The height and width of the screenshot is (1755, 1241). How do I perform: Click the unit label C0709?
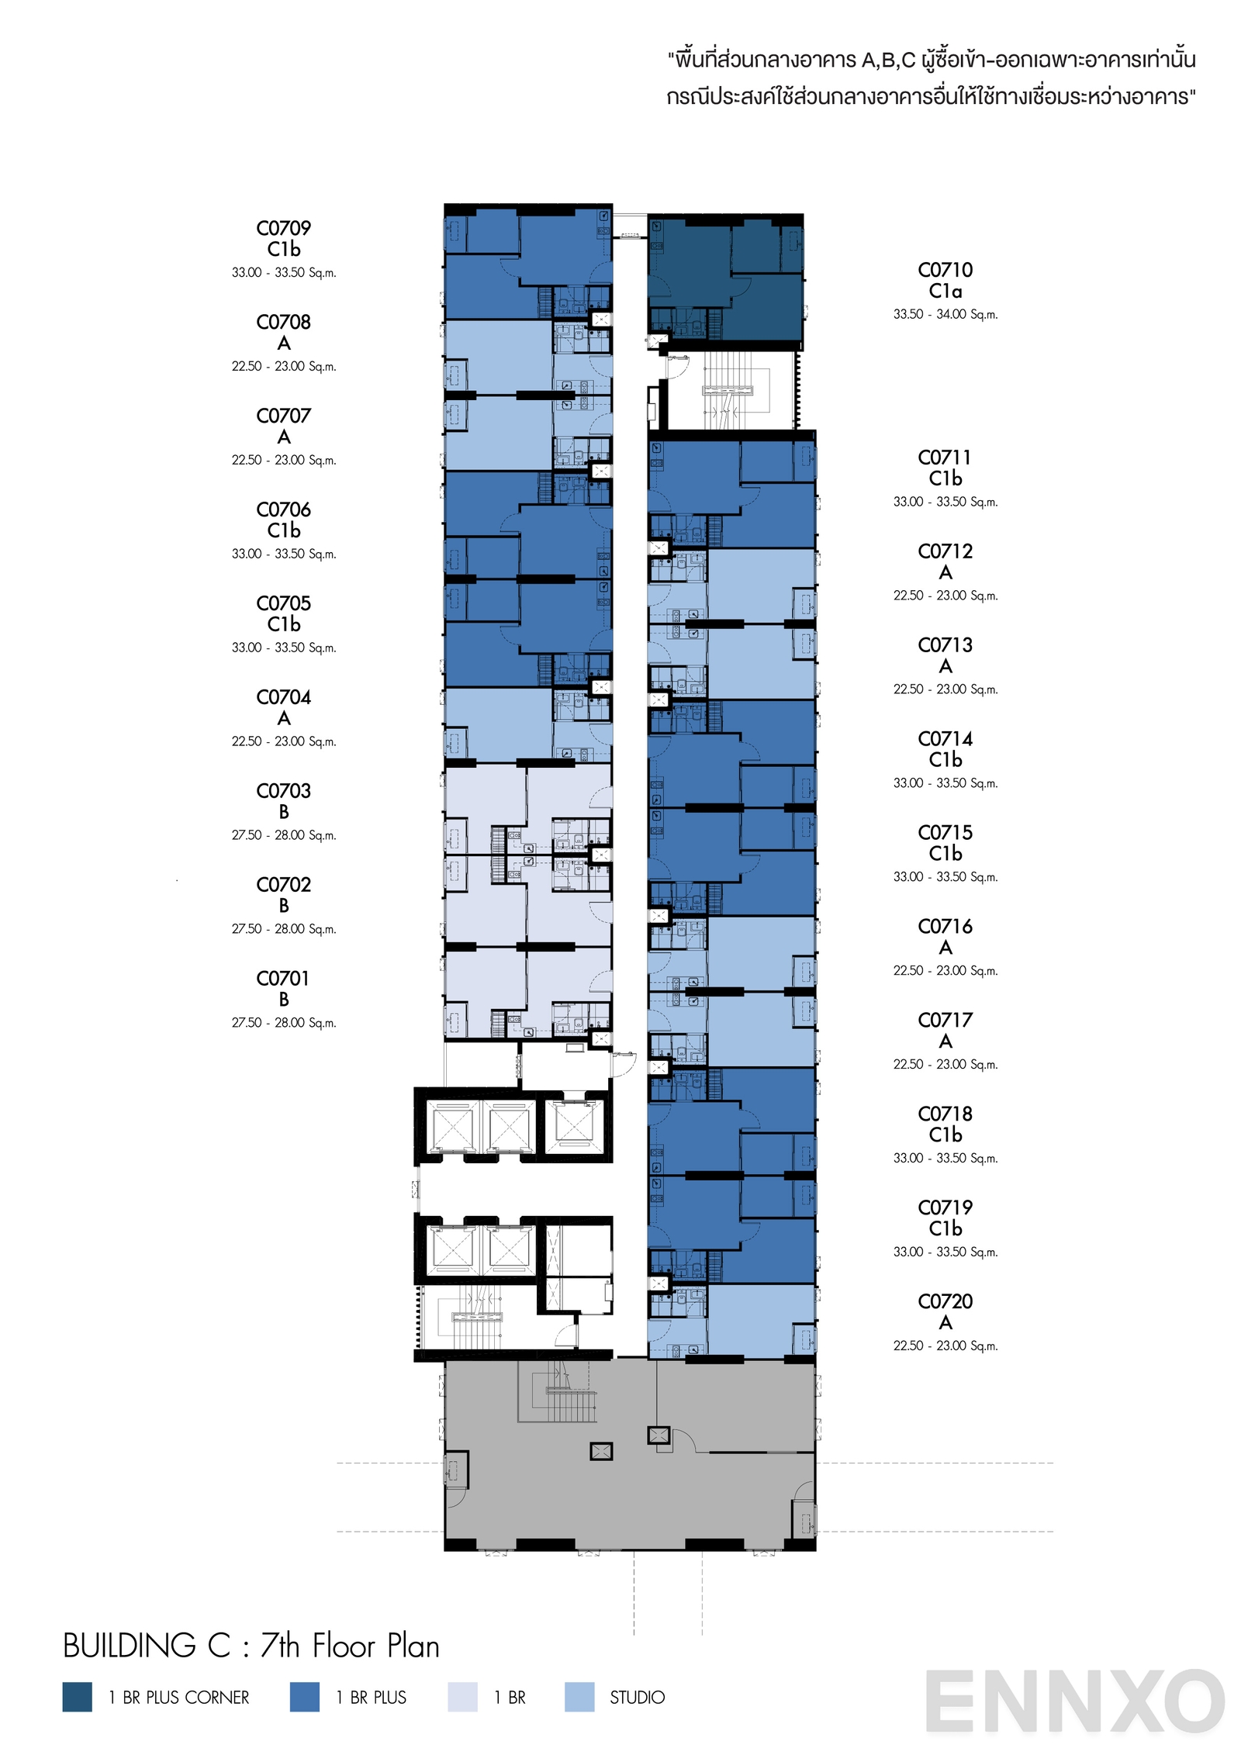[283, 228]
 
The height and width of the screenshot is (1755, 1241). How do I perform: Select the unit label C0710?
[945, 270]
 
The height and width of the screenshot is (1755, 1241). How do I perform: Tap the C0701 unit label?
[283, 979]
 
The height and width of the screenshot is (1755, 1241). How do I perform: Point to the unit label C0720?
[945, 1301]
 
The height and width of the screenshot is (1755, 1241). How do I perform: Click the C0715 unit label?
[945, 832]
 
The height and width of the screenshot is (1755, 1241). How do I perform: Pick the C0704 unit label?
[283, 697]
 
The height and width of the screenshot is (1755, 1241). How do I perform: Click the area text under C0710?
[945, 314]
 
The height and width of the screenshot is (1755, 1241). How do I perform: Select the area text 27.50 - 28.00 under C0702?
[283, 929]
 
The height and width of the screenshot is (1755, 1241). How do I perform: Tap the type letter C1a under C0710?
[945, 292]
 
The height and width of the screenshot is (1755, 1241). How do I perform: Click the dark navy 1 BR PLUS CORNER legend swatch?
[77, 1698]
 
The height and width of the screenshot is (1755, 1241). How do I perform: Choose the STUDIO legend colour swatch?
[579, 1698]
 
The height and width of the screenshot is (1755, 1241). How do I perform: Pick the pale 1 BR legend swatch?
[462, 1698]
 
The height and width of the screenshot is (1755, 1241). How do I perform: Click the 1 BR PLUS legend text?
[371, 1698]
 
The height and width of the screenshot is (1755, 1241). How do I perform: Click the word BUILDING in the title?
[130, 1646]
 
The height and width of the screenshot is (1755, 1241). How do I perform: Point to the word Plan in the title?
[413, 1646]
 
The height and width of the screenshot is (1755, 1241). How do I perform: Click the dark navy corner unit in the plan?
[725, 279]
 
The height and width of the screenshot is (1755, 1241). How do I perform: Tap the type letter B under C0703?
[283, 812]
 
